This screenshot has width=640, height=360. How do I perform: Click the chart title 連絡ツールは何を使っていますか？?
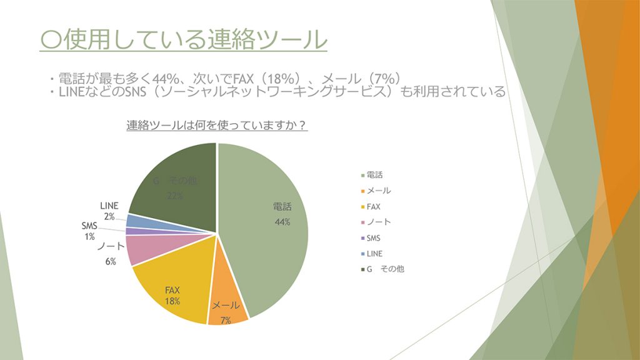[216, 125]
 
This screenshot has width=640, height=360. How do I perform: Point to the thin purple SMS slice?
[131, 231]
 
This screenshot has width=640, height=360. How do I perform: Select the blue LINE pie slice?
[136, 221]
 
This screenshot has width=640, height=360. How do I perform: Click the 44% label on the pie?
[282, 222]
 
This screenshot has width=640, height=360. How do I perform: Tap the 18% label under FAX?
[172, 301]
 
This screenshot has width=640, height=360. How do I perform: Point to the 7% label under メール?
[226, 320]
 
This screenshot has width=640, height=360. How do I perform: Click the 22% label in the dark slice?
[174, 196]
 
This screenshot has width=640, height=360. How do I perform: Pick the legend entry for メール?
[377, 190]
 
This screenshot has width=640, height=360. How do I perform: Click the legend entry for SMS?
[373, 238]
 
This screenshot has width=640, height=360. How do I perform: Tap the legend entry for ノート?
[377, 222]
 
